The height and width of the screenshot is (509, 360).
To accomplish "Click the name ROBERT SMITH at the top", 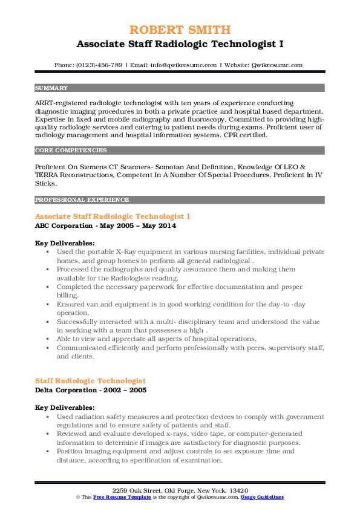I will [x=180, y=30].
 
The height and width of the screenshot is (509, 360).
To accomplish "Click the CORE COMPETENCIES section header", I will [x=71, y=150].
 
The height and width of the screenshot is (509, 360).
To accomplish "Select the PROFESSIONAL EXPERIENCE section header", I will [x=82, y=199].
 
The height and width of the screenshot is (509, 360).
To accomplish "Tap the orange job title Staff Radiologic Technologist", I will [x=90, y=381].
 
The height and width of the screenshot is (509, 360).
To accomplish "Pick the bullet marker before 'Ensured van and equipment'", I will [x=48, y=306].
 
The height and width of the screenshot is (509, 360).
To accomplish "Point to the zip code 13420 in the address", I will [x=238, y=490].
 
